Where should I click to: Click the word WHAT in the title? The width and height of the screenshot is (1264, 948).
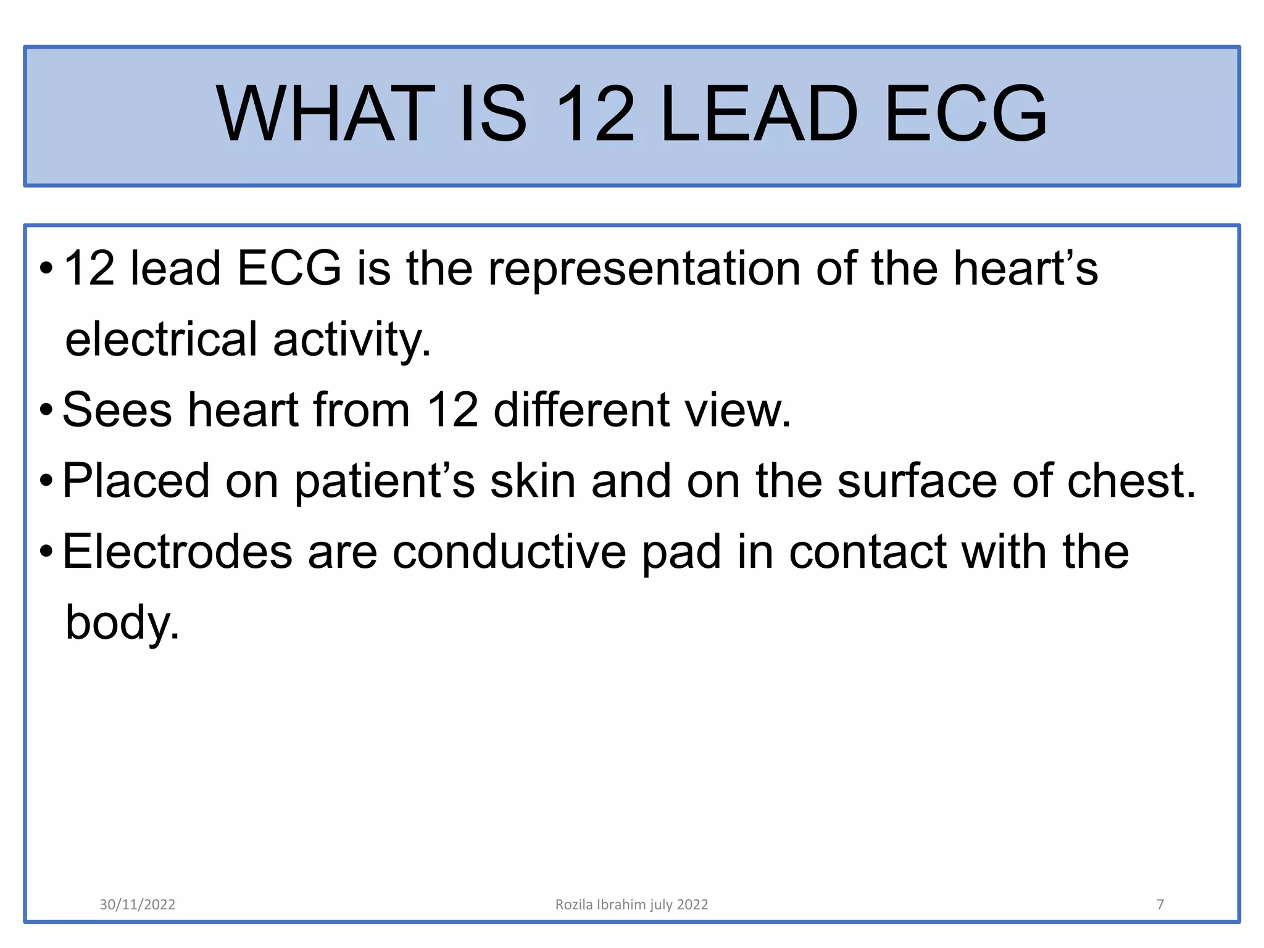(326, 114)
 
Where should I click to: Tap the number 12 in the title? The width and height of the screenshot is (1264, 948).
(594, 114)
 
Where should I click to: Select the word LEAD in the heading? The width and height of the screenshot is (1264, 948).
(759, 114)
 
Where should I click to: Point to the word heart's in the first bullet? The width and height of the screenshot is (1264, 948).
(1025, 269)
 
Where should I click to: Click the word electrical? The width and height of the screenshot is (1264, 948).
(161, 339)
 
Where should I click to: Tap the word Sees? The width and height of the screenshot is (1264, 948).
(117, 410)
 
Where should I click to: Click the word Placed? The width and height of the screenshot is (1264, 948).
(136, 481)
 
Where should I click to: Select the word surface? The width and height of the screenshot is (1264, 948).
(917, 481)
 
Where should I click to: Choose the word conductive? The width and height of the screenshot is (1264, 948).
(509, 552)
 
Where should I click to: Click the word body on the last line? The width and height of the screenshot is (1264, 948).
(122, 623)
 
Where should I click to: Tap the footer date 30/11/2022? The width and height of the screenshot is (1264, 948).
(137, 905)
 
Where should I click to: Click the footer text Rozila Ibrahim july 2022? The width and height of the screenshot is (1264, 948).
(631, 905)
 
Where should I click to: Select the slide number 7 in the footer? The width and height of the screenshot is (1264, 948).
(1160, 905)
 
